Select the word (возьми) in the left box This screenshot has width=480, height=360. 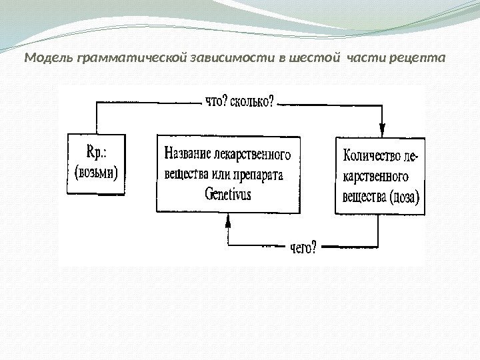pyautogui.click(x=96, y=174)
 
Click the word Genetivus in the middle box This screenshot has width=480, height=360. pyautogui.click(x=228, y=195)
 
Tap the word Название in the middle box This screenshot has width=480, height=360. pyautogui.click(x=187, y=155)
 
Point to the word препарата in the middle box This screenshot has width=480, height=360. pyautogui.click(x=257, y=175)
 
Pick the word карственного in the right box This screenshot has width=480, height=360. pyautogui.click(x=375, y=177)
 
